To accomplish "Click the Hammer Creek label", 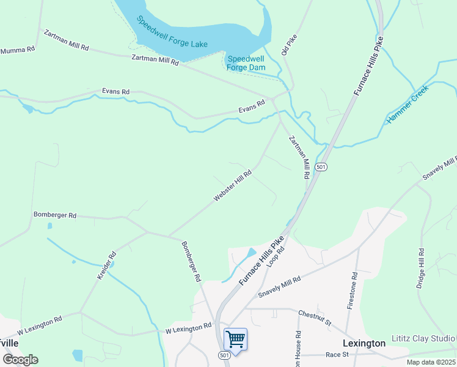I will coord(408,105).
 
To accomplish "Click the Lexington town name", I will coord(364,343).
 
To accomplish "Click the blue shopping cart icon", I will coord(235,338).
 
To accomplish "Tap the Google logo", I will coord(20,360).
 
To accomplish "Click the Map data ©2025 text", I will coord(430,362).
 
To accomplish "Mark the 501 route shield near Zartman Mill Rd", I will coord(321,166).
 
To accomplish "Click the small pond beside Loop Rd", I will coord(250,253).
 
